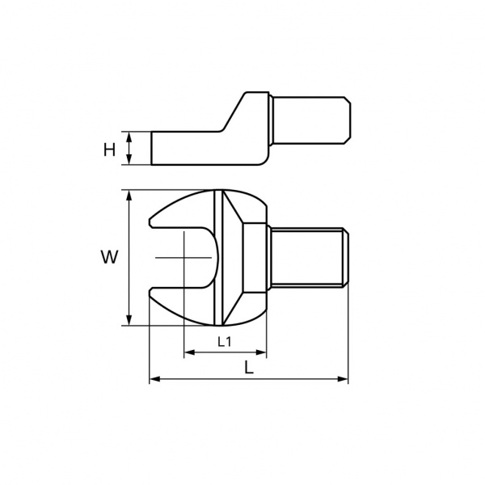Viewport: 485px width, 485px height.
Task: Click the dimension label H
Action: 109,150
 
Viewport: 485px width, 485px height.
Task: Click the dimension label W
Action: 109,257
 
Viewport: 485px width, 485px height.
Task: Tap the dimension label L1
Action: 225,342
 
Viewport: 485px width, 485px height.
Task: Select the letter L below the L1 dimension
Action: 249,368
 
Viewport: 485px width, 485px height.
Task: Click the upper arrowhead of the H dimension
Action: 129,137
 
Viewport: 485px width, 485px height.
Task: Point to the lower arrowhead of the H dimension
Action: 129,159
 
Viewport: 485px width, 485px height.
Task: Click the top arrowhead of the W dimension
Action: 129,196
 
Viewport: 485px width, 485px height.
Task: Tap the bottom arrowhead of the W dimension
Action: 129,320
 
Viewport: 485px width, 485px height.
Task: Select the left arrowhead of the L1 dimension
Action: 190,352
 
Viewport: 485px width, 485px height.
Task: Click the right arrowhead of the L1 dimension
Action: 261,352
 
